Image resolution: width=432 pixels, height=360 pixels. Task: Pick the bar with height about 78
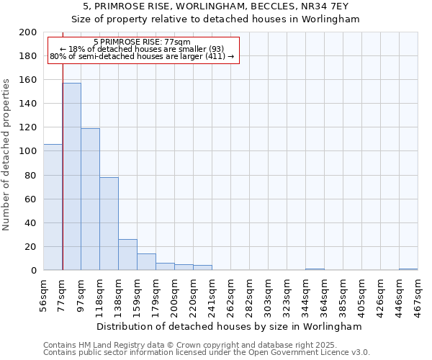(109, 223)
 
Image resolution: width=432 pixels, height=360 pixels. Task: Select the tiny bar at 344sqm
(315, 269)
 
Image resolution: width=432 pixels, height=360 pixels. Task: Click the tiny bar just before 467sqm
(408, 269)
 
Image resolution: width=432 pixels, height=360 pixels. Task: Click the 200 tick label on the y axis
(28, 32)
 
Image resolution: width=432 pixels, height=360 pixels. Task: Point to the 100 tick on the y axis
(28, 151)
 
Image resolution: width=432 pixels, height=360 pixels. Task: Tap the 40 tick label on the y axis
(31, 223)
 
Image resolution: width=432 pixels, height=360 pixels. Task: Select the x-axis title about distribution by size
(229, 326)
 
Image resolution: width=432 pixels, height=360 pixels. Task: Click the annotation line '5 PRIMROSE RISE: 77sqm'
(142, 42)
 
